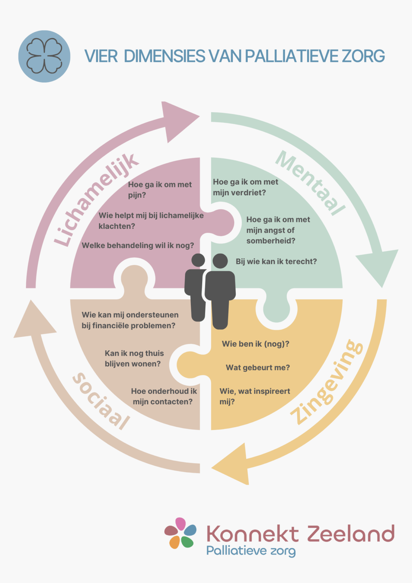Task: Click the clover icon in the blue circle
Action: coord(44,56)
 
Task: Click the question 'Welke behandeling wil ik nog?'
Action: coord(138,245)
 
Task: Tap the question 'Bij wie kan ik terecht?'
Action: coord(276,261)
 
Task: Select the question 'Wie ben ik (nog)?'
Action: coord(255,344)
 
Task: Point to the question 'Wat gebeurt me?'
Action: coord(258,367)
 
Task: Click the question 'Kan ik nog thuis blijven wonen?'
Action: coord(134,358)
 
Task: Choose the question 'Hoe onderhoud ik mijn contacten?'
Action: coord(164,396)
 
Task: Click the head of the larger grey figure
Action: coord(220,261)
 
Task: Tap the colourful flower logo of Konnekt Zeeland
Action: coord(180,533)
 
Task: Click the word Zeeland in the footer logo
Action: coord(351,534)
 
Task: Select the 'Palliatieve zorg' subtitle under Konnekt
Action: coord(251,551)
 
